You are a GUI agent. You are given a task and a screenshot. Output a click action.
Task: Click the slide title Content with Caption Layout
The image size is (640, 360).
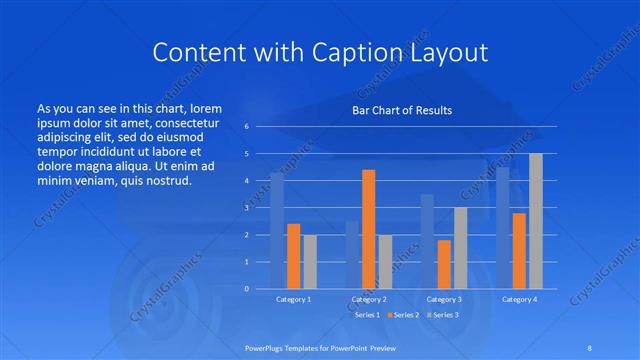point(319,53)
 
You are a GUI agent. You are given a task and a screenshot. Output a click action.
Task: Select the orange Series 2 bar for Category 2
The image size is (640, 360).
point(368,229)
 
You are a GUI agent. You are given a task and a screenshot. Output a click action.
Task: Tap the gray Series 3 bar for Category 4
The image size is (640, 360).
point(535,221)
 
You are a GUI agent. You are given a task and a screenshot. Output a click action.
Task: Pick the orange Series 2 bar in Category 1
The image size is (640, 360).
point(293,256)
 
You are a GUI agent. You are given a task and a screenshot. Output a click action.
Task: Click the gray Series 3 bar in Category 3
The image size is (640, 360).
point(460,248)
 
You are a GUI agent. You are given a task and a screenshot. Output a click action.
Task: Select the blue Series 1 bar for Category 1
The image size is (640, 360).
point(277,231)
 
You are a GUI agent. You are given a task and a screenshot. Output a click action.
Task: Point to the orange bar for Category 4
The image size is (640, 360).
point(519,250)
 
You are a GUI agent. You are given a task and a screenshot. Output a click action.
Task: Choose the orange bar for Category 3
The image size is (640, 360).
point(444,264)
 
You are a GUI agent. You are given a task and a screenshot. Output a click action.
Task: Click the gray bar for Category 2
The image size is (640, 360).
point(385,261)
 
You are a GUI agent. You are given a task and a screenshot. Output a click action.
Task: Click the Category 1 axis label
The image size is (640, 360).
point(293,299)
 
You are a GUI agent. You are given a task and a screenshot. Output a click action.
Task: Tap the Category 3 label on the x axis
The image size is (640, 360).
point(444,299)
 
